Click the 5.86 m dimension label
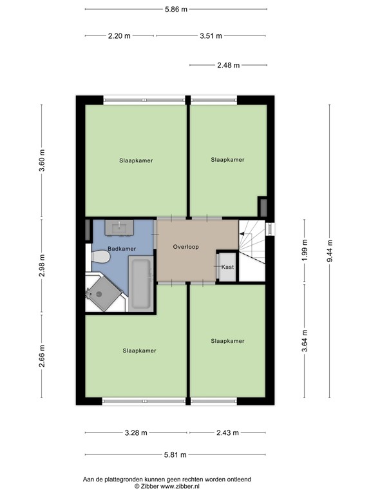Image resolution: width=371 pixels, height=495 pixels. (175, 10)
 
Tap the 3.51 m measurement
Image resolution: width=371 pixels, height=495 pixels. (211, 36)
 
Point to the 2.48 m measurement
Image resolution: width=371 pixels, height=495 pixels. (228, 65)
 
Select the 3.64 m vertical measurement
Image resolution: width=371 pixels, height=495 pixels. (304, 338)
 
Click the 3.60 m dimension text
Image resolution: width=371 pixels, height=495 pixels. (43, 159)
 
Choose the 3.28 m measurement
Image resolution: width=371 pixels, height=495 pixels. (136, 432)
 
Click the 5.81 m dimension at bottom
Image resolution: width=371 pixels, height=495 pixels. (175, 454)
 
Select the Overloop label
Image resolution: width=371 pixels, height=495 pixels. (186, 246)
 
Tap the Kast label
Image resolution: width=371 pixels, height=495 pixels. (227, 267)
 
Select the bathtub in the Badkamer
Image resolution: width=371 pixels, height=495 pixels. (140, 284)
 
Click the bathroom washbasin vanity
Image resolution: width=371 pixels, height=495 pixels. (120, 227)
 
